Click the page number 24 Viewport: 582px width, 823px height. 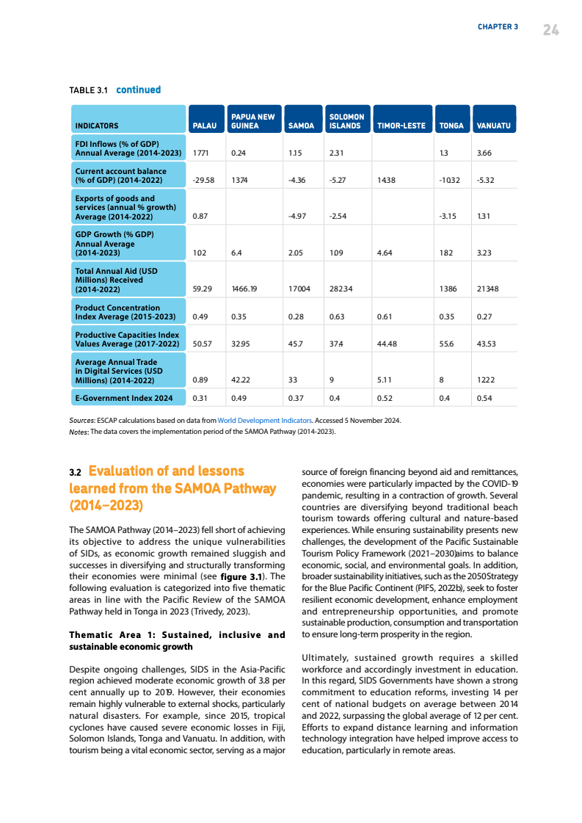[x=551, y=29]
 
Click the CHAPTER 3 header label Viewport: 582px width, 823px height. [x=498, y=27]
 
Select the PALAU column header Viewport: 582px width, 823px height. [x=203, y=126]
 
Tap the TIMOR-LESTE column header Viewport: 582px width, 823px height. [x=401, y=126]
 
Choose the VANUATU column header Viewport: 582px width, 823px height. [x=493, y=126]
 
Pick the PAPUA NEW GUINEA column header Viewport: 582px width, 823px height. [x=252, y=121]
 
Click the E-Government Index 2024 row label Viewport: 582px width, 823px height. [x=124, y=398]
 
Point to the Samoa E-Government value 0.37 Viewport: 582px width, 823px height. [x=296, y=399]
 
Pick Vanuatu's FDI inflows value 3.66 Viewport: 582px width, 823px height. [x=484, y=153]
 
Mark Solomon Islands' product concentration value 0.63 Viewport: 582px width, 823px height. [x=337, y=317]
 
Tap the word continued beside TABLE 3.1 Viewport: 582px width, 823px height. [x=138, y=90]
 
